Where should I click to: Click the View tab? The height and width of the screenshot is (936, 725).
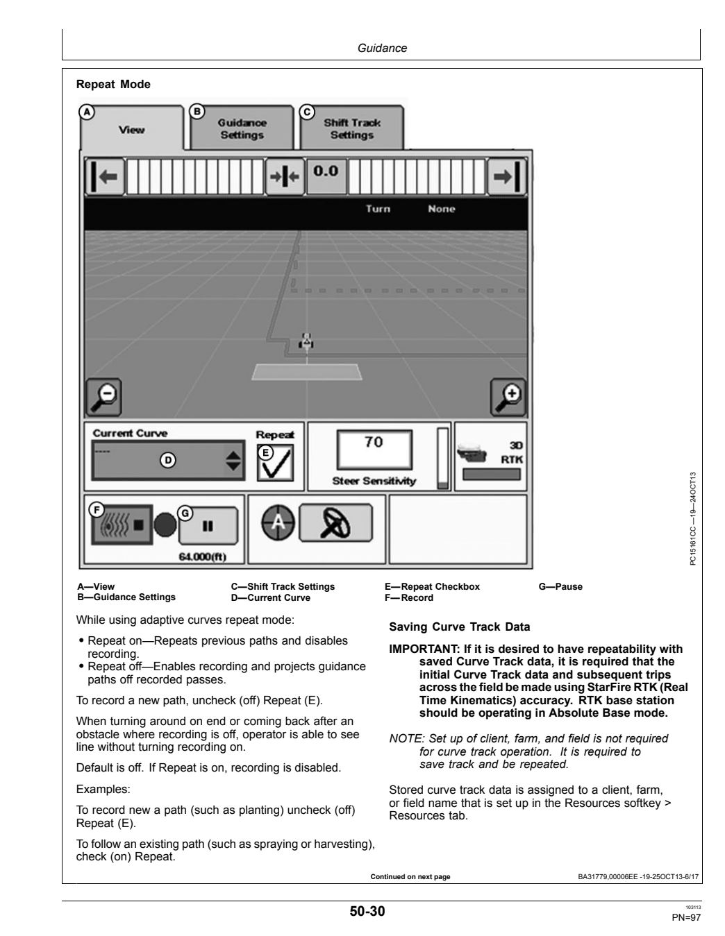(131, 128)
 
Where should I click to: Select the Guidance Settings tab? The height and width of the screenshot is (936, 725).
(242, 128)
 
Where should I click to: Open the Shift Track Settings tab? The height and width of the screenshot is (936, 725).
(351, 128)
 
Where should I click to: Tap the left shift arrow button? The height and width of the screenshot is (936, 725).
(105, 177)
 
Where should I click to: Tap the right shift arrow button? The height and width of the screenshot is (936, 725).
(507, 177)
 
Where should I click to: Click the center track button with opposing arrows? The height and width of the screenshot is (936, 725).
(285, 177)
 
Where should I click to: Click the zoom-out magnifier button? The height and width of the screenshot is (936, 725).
(103, 397)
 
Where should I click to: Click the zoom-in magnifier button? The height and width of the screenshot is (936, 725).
(508, 397)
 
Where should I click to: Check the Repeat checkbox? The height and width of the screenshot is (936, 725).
(276, 463)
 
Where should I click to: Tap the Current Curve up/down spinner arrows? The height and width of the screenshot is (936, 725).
(233, 461)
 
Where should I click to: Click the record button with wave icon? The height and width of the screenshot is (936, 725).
(122, 525)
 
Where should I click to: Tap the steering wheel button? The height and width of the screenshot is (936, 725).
(335, 522)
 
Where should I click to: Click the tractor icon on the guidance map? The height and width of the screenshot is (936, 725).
(306, 341)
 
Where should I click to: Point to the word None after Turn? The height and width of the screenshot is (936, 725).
(442, 209)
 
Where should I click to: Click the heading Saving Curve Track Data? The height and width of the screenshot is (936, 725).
(460, 627)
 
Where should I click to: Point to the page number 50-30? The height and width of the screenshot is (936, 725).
(367, 911)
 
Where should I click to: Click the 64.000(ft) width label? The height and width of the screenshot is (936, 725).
(203, 557)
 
